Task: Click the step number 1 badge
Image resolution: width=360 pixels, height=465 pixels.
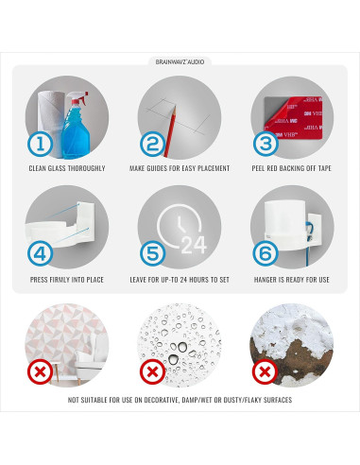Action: click(x=40, y=145)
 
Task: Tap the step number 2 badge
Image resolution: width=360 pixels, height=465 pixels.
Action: click(x=153, y=145)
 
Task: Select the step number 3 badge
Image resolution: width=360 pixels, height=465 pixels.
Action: click(x=266, y=144)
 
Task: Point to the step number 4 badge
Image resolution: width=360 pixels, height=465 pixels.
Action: click(x=40, y=253)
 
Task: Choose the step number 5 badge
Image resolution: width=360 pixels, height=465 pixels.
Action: click(x=153, y=253)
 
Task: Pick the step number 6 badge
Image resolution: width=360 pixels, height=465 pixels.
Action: click(x=266, y=253)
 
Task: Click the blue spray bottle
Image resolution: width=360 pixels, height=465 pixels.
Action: click(x=76, y=125)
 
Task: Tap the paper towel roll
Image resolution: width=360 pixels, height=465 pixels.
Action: click(x=51, y=123)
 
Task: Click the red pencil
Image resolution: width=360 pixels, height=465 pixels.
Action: click(x=169, y=131)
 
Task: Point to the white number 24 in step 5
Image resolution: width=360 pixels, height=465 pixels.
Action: click(x=194, y=245)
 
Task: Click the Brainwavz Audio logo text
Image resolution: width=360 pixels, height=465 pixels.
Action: click(x=180, y=62)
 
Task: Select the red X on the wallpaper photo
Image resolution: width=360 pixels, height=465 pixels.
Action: click(x=40, y=371)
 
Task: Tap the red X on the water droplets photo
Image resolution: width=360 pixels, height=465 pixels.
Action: click(x=153, y=371)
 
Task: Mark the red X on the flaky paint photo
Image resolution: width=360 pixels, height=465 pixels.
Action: click(x=265, y=371)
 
